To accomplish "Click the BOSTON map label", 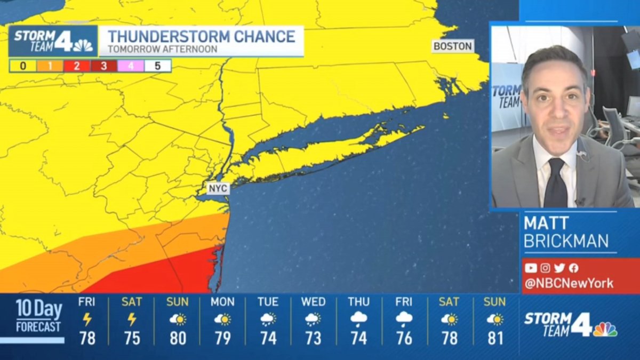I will point(453,46).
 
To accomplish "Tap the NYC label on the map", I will point(219,188).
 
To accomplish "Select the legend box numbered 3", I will point(103,66).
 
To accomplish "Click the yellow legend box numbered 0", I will point(23,66).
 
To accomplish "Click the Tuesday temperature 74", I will point(268,338).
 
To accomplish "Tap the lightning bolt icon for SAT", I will point(132,319).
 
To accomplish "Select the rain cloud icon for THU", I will point(359,319).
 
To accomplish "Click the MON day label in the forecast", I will point(222,302).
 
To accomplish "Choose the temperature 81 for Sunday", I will point(495,338).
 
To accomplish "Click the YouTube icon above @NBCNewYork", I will point(531,268).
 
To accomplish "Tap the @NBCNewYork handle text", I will point(569,283).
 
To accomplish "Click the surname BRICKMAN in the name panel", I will point(566,241).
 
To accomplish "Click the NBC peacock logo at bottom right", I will point(605,329).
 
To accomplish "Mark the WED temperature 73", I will point(314,338).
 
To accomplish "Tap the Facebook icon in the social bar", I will point(573,268).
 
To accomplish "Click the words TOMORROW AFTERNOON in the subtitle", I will point(162,49).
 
